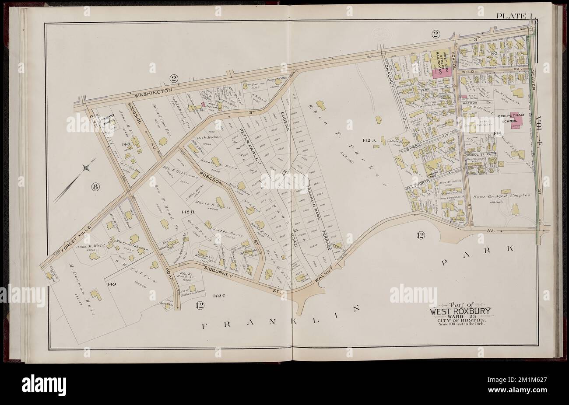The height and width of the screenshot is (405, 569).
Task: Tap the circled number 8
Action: pos(96,187)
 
